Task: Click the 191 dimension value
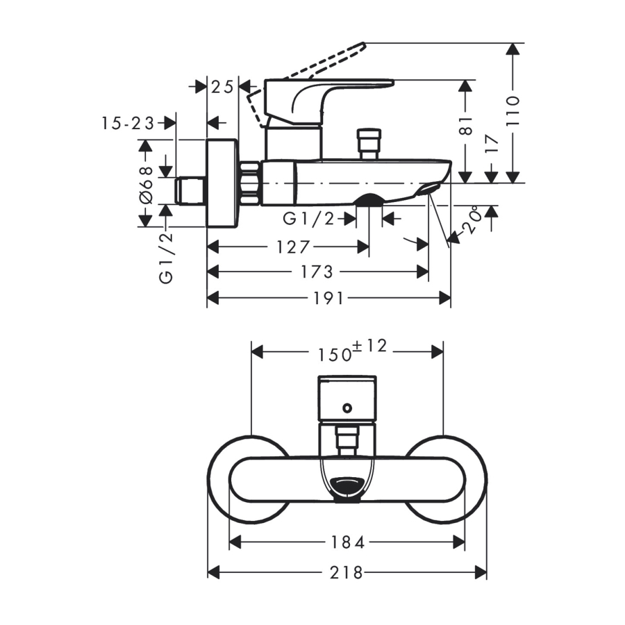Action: pyautogui.click(x=330, y=299)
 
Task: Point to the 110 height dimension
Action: pyautogui.click(x=512, y=110)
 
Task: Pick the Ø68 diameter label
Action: pyautogui.click(x=146, y=184)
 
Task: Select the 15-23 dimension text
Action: pyautogui.click(x=128, y=123)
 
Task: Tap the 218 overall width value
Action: pyautogui.click(x=347, y=572)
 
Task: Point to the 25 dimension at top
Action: pyautogui.click(x=222, y=86)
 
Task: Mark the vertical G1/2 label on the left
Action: pyautogui.click(x=166, y=258)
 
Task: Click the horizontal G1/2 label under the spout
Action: pyautogui.click(x=309, y=219)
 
